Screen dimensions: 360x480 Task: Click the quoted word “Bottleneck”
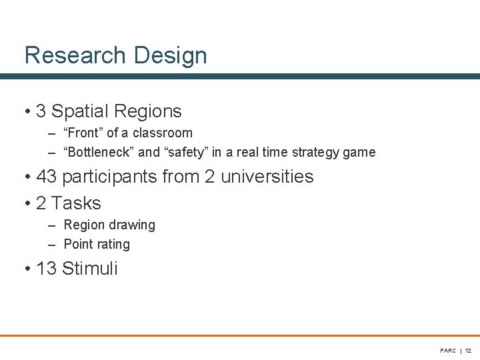[98, 152]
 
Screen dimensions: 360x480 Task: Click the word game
[361, 152]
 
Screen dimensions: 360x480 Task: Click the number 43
[47, 177]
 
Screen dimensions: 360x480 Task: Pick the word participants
[114, 177]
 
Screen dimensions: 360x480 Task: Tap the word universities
[267, 177]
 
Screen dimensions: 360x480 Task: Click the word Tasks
[76, 203]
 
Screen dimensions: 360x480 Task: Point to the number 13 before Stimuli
[47, 269]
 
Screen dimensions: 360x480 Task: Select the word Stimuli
[89, 269]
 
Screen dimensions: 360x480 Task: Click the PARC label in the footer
[448, 351]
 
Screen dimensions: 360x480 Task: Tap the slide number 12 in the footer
[468, 351]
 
